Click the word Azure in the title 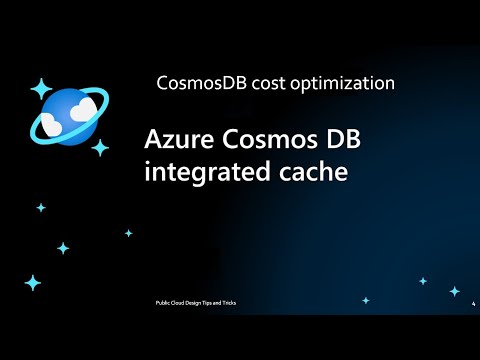[177, 139]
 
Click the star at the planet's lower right [100, 148]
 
